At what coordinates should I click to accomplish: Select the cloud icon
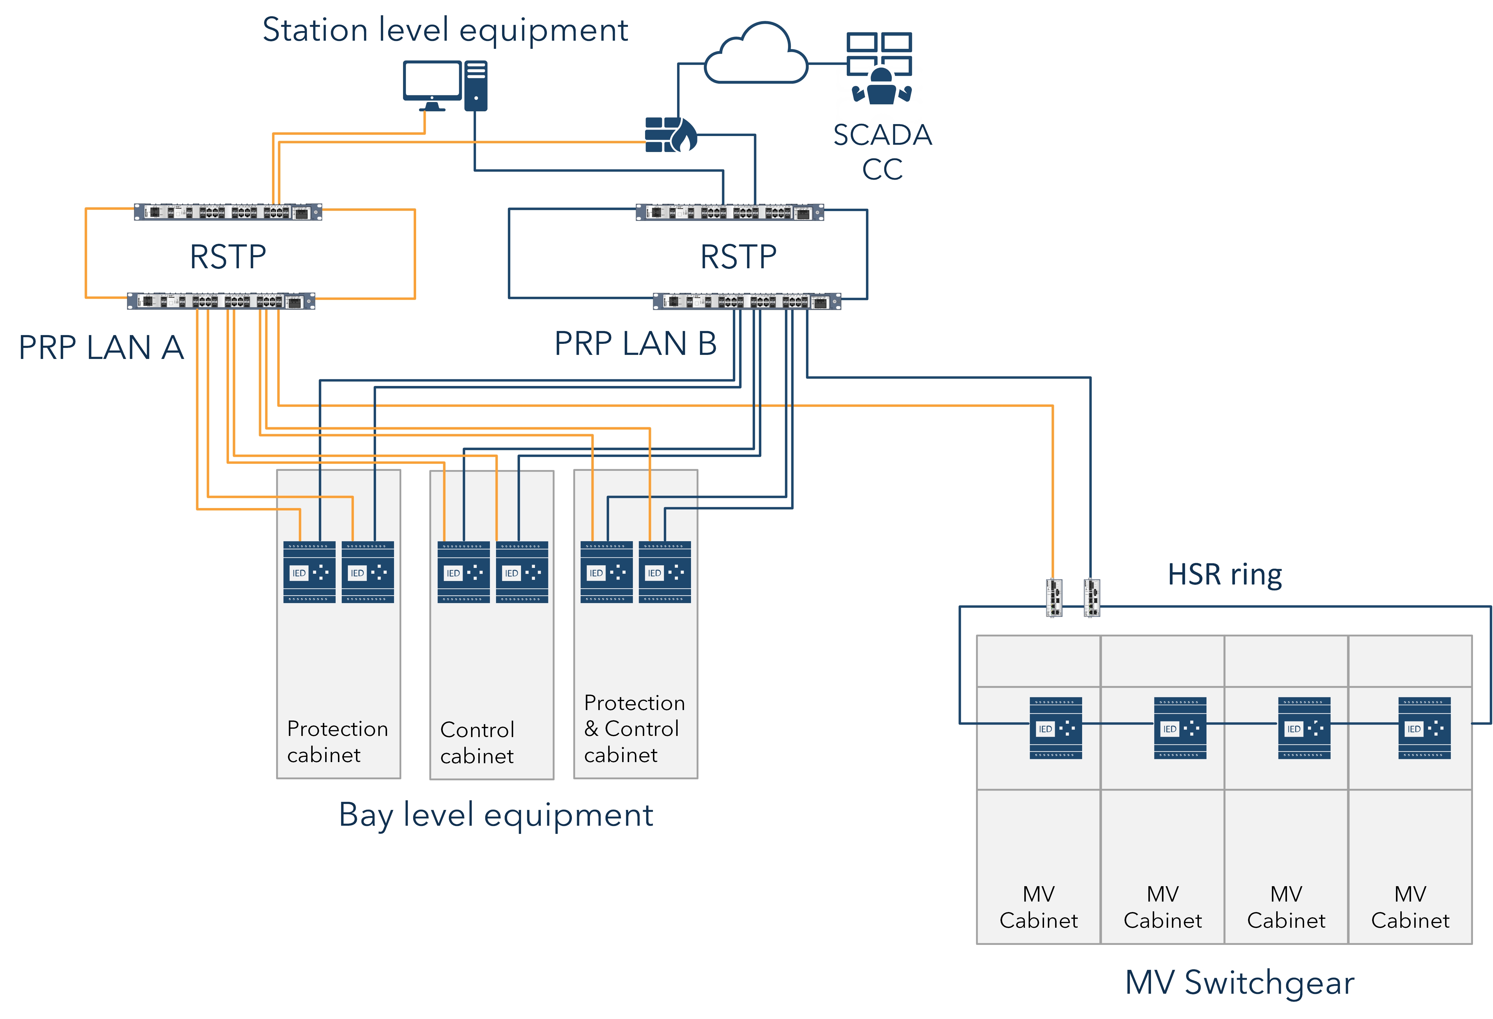[x=756, y=57]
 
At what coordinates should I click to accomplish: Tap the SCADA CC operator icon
[x=880, y=69]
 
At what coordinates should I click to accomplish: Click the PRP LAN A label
[x=101, y=348]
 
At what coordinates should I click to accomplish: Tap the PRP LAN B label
[x=635, y=344]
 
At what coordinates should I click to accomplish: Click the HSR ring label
[x=1225, y=574]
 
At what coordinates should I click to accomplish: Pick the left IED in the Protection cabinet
[x=309, y=572]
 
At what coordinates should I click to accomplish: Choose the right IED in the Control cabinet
[x=522, y=572]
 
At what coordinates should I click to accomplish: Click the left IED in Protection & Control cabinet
[x=606, y=572]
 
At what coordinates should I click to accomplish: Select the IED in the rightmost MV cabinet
[x=1424, y=728]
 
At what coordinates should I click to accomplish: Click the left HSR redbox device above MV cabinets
[x=1054, y=598]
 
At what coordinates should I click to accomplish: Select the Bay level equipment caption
[x=495, y=815]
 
